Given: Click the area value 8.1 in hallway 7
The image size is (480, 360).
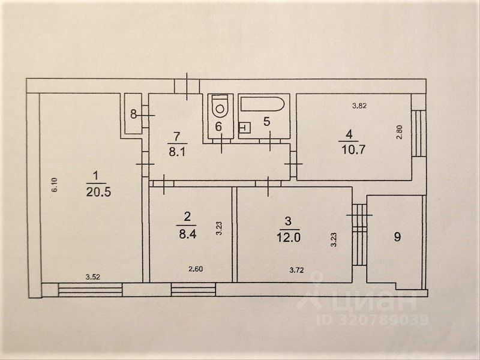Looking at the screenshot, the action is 176,152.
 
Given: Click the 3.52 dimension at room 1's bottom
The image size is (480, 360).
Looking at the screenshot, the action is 92,277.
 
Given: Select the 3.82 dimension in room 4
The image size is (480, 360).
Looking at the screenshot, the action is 359,106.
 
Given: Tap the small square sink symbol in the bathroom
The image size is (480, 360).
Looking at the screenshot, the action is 244,127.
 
